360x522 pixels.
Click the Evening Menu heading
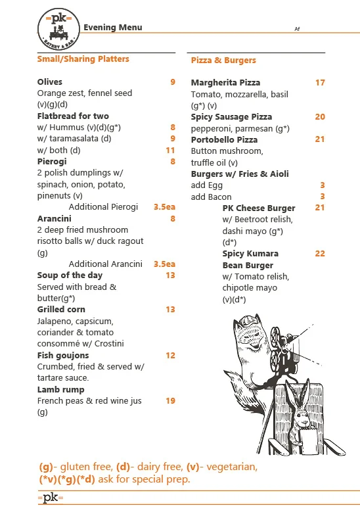point(112,28)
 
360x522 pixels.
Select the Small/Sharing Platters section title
point(83,59)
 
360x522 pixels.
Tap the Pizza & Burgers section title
point(223,60)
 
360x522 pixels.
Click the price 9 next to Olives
point(173,82)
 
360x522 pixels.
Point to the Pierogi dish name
point(52,161)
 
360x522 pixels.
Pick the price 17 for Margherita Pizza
point(320,83)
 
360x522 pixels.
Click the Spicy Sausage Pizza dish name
point(231,117)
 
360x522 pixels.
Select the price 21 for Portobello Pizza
point(320,139)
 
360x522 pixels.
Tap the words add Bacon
point(211,197)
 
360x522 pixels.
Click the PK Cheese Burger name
point(259,208)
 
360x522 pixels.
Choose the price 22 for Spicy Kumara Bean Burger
point(320,254)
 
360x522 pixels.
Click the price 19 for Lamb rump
point(170,401)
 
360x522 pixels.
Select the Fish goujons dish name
point(63,356)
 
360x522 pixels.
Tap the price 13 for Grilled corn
point(170,310)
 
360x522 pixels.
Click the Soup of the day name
point(70,275)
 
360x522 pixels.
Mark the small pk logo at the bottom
point(51,498)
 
